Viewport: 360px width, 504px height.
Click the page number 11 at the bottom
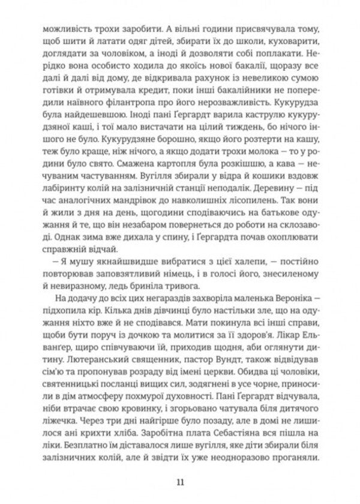point(181,480)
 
